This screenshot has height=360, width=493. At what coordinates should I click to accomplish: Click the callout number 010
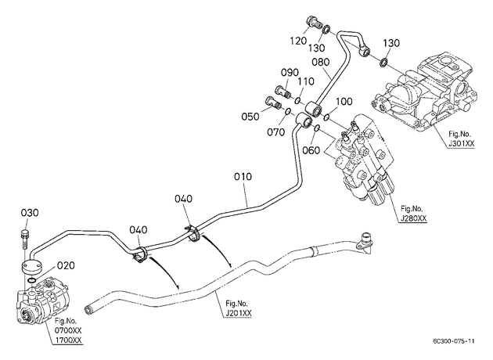[x=243, y=177]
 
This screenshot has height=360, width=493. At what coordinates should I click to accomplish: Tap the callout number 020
[x=66, y=265]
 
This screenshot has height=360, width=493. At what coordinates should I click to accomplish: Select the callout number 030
[x=30, y=213]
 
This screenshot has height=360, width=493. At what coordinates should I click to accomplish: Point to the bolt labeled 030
[x=25, y=239]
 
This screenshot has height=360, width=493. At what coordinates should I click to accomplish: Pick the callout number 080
[x=321, y=62]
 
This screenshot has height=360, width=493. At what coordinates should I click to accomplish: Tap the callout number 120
[x=298, y=41]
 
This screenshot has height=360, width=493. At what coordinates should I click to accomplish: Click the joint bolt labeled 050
[x=274, y=103]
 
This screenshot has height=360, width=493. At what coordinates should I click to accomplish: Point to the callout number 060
[x=311, y=150]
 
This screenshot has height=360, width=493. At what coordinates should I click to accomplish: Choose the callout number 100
[x=344, y=102]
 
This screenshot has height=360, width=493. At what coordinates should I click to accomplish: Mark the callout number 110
[x=306, y=81]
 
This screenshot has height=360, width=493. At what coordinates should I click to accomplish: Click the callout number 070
[x=276, y=132]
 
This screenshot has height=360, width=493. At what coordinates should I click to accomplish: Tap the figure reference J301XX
[x=461, y=144]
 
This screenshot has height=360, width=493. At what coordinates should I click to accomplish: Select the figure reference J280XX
[x=413, y=218]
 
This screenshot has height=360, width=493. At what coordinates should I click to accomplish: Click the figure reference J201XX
[x=239, y=313]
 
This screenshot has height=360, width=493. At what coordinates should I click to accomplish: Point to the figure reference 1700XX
[x=68, y=340]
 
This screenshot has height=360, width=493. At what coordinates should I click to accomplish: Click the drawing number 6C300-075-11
[x=453, y=341]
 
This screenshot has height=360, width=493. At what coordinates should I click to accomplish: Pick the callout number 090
[x=290, y=72]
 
